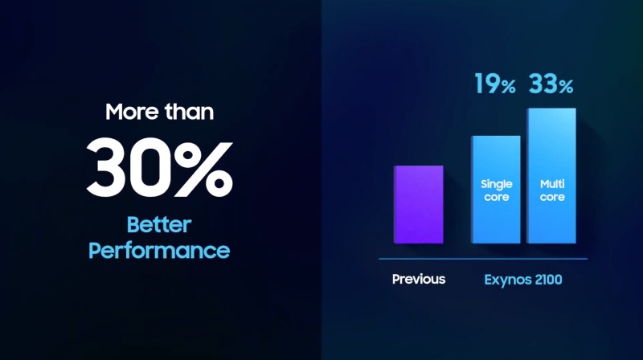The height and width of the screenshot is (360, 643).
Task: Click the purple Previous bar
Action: tap(418, 205)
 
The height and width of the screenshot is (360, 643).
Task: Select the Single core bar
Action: tap(496, 190)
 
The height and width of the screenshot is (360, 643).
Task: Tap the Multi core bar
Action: tap(551, 176)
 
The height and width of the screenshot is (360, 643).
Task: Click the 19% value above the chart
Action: tap(495, 84)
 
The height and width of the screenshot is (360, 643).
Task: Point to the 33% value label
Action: tap(551, 84)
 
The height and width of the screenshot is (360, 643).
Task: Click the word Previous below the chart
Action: tap(419, 279)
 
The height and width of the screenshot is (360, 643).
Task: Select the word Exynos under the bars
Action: tap(504, 280)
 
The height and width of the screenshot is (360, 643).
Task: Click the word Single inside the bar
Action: tap(497, 185)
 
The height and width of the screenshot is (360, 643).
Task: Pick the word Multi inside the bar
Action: tap(552, 184)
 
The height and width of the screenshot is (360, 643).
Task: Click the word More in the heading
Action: tap(133, 112)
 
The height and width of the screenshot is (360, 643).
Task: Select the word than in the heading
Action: tap(189, 112)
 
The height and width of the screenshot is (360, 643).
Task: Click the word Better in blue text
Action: tap(159, 225)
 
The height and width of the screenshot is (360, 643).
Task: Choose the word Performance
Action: tap(159, 251)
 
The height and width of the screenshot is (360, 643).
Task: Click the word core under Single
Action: tap(496, 197)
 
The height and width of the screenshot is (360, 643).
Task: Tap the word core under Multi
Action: tap(552, 197)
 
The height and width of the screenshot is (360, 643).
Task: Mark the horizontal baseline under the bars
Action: tap(483, 259)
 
